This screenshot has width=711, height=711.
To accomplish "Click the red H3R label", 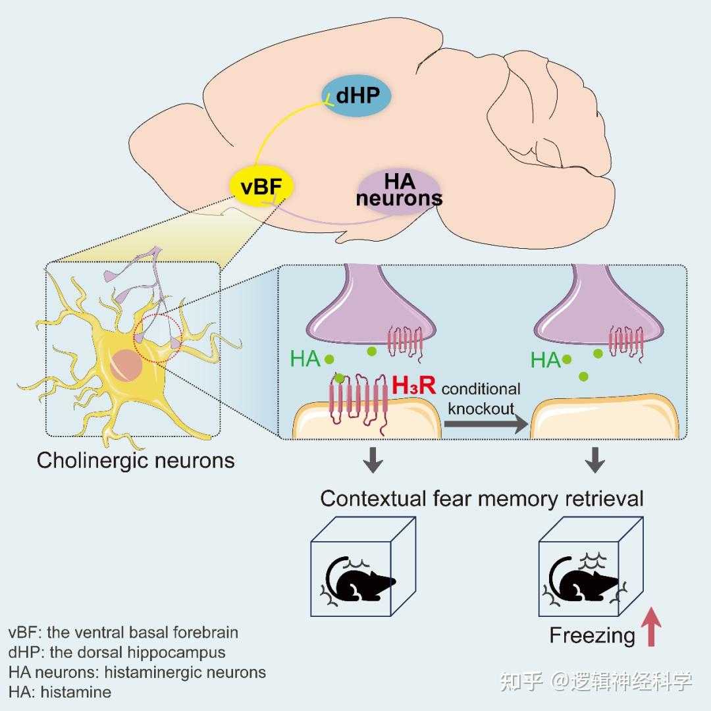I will [413, 386].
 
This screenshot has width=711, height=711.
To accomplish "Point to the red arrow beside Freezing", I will [652, 627].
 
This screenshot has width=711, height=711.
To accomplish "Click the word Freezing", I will [592, 635].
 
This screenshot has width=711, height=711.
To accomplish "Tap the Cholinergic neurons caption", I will [136, 460].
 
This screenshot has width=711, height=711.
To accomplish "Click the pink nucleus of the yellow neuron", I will [124, 365].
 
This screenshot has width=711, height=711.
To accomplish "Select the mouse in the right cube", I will [585, 579].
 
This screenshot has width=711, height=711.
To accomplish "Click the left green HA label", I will [305, 359].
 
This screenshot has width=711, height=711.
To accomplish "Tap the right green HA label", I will [546, 360].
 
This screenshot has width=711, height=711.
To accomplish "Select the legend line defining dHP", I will [117, 652].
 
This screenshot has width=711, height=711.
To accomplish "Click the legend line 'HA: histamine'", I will [60, 692].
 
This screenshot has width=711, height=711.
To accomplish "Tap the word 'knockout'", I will [481, 408].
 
